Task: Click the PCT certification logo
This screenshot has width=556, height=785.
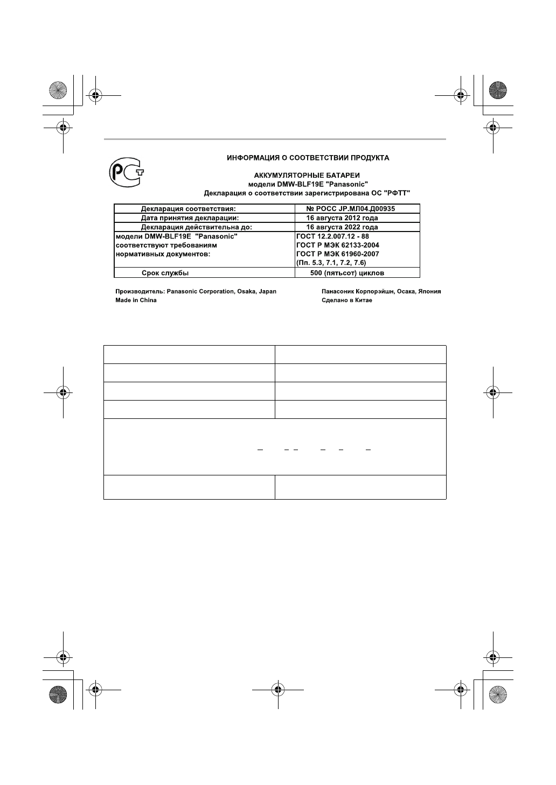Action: tap(126, 173)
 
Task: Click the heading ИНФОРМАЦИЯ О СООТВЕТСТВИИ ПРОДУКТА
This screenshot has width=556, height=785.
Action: tap(308, 158)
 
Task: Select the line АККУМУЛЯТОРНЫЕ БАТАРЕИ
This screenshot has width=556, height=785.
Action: tap(307, 176)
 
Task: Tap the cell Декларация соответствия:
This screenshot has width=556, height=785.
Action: tap(189, 209)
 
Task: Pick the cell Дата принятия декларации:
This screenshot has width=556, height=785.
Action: tap(190, 218)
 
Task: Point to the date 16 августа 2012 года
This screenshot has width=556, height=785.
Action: tap(342, 218)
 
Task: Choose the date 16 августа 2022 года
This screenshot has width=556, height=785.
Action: tap(342, 227)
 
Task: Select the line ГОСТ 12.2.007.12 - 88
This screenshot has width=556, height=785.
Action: tap(332, 236)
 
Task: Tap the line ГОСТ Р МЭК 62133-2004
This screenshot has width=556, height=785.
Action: tap(338, 245)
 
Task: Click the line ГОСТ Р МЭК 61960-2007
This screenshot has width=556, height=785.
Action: tap(338, 254)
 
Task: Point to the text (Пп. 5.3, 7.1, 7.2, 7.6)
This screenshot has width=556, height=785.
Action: tap(331, 263)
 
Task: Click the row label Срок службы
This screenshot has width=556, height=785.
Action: tap(165, 273)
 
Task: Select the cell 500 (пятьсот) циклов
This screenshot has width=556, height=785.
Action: tap(347, 273)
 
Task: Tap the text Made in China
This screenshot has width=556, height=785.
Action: tap(136, 300)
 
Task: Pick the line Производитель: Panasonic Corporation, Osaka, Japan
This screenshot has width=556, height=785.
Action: tap(196, 291)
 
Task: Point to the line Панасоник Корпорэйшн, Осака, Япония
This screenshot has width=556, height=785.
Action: tap(381, 291)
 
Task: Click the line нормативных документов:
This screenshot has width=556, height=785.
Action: tap(163, 254)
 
